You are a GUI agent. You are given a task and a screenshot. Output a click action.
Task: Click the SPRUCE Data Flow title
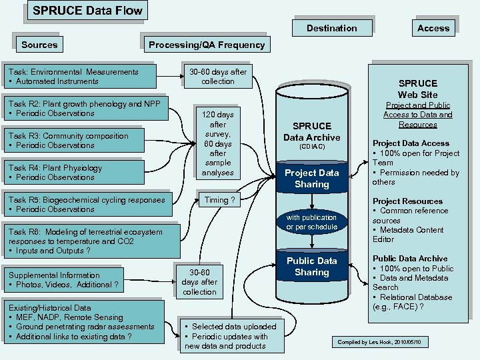[87, 10]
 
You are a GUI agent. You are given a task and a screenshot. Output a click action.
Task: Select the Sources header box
[40, 45]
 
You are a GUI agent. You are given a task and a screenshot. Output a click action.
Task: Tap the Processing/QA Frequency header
[206, 45]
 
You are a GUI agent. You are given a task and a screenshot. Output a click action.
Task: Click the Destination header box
[331, 28]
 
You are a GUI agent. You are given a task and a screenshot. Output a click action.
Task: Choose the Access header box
[433, 28]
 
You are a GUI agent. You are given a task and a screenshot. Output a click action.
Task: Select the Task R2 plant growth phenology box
[86, 109]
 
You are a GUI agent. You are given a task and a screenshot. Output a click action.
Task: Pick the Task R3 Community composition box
[74, 141]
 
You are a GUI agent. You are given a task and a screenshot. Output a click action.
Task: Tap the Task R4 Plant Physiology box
[73, 173]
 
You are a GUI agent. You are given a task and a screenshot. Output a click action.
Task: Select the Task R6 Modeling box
[91, 241]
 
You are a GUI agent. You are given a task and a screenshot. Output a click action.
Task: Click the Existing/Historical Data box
[84, 323]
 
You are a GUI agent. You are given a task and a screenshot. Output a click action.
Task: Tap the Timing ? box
[219, 200]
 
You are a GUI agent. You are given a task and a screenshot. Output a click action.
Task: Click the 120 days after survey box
[218, 143]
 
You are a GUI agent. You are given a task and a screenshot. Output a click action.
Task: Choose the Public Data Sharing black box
[312, 267]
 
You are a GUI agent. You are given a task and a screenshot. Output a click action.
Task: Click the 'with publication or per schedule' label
[311, 222]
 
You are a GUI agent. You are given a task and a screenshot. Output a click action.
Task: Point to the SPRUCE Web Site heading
[417, 89]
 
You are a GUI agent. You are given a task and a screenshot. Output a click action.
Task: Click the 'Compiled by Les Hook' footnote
[385, 341]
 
